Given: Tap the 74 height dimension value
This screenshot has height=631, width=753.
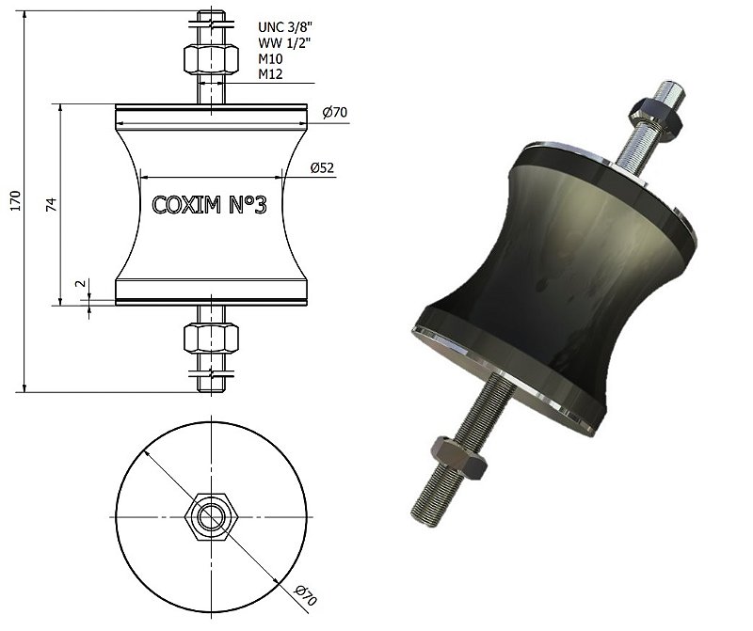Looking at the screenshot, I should [x=52, y=203].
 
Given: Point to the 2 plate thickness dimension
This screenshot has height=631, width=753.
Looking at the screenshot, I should [x=81, y=283].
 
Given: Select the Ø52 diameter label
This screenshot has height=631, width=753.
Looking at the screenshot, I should [x=324, y=168].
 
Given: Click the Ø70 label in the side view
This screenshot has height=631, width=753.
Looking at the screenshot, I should [x=335, y=113].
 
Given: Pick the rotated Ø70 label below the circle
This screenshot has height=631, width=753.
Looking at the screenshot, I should [x=304, y=596].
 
